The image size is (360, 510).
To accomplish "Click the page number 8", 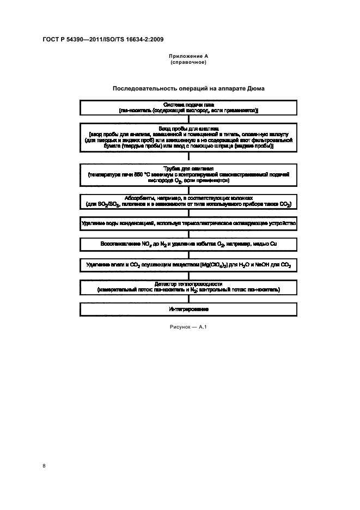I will click(44, 465).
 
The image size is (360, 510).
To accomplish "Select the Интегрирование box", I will click(188, 309).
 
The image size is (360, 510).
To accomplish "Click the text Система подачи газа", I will click(188, 104).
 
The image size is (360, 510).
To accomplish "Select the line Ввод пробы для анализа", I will click(188, 128).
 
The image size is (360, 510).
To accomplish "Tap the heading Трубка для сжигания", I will click(188, 169).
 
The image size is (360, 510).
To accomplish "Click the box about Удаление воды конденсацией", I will click(188, 223).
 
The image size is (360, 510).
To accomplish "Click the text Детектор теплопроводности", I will click(188, 284).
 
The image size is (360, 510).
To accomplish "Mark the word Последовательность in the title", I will click(142, 88).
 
